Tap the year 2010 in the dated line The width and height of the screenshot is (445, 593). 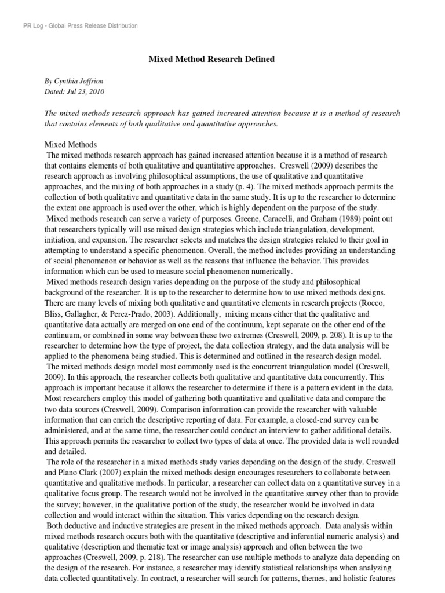pyautogui.click(x=97, y=91)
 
